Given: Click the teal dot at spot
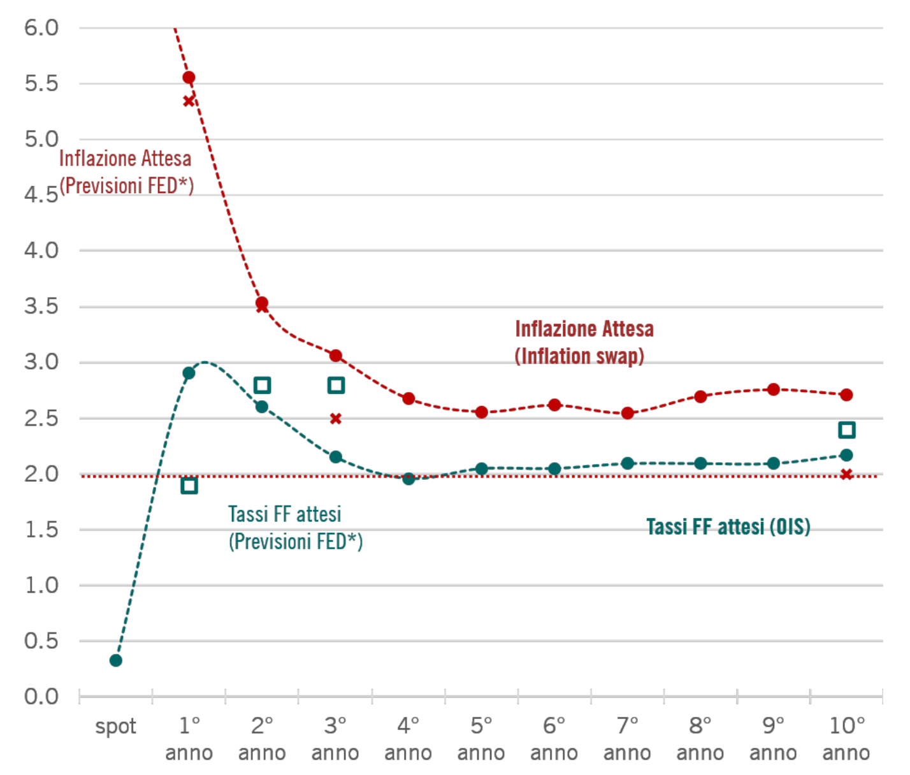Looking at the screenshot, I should [115, 660].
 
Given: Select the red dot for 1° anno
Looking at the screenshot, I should [189, 78].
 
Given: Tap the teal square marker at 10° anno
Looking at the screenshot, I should [846, 430].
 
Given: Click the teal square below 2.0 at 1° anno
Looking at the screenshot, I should [189, 486].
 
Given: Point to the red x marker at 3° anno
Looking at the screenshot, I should [336, 419].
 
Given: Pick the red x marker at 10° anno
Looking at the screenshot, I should [846, 474].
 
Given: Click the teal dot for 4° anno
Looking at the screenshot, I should [408, 479].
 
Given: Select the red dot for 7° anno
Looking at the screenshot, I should [628, 413].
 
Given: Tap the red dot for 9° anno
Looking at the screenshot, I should [774, 389].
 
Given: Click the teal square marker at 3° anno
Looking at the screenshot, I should [336, 385].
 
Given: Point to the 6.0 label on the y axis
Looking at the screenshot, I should [41, 28].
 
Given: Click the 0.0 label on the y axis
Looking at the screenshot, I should [41, 697].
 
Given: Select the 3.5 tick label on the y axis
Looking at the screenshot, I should [41, 307].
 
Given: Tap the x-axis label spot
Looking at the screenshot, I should [115, 727].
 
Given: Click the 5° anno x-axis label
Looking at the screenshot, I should [481, 739].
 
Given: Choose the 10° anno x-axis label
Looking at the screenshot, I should [846, 739].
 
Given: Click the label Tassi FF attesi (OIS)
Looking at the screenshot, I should [728, 527].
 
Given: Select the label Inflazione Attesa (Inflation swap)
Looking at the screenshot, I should [584, 342].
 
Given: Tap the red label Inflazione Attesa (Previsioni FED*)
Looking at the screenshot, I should [126, 172].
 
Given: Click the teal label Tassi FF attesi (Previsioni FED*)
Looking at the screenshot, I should [295, 528].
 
